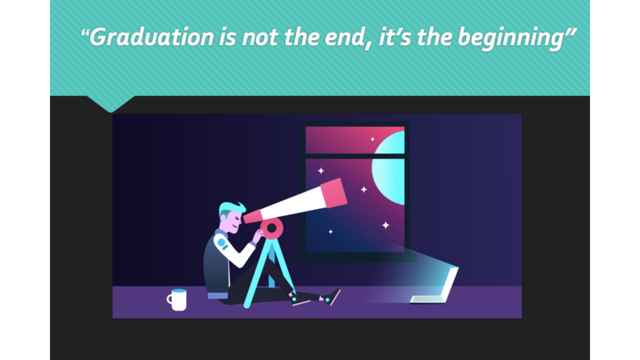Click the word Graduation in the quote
click(x=151, y=37)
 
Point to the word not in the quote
click(x=260, y=37)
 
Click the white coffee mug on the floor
click(x=178, y=300)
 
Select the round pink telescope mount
click(x=272, y=228)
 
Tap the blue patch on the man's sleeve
click(x=221, y=243)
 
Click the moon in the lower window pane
click(x=388, y=180)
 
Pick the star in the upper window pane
click(x=372, y=139)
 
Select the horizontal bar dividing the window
click(x=355, y=156)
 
